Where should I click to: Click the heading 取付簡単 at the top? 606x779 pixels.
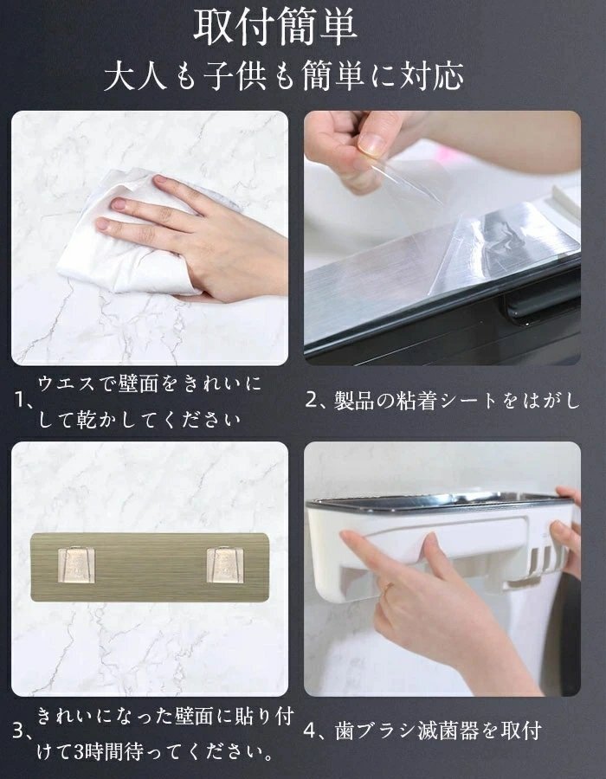274,28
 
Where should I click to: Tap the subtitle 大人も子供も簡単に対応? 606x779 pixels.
284,76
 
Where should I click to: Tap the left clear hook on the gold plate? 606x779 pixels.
76,565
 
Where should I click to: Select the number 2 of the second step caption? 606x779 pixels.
312,401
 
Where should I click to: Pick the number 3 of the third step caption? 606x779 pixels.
19,731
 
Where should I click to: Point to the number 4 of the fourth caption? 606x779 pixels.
311,731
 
